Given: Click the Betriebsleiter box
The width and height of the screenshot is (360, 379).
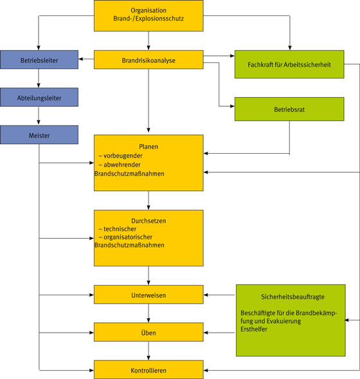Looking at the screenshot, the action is [x=39, y=60].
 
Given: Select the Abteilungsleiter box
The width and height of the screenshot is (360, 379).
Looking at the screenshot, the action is [x=39, y=97].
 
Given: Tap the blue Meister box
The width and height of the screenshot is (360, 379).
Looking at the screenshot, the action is [x=39, y=134].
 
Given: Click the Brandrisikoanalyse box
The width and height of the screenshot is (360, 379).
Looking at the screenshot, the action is [x=148, y=60].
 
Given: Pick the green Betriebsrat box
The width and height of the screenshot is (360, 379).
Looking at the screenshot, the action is [x=289, y=109].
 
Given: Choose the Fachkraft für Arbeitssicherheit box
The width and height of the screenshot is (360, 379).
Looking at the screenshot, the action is [x=289, y=64].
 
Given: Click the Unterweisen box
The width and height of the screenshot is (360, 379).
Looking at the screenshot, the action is [x=148, y=295].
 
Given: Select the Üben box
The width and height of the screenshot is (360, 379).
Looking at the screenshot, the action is [x=148, y=332].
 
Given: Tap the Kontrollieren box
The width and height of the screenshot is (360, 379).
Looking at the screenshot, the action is [x=148, y=370].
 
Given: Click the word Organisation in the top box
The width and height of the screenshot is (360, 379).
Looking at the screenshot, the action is [x=148, y=10].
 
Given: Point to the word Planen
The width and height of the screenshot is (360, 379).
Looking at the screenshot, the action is [x=148, y=147].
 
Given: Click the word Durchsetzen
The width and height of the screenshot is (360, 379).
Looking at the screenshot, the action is [x=148, y=221].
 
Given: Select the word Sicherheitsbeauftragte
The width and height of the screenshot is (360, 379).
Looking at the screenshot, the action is [x=292, y=297].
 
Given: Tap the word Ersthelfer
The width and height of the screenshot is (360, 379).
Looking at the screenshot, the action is [x=254, y=329].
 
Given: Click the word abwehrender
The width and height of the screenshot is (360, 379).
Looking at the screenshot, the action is [x=122, y=165].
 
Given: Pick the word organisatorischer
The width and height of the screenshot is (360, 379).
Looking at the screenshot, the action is [x=128, y=237].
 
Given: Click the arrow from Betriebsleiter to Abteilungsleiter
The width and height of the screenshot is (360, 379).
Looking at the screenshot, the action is [x=39, y=79].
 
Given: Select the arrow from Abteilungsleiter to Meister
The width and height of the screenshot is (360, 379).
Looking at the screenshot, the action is [x=39, y=116].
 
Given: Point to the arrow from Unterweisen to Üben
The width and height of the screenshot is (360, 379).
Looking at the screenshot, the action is [x=148, y=313].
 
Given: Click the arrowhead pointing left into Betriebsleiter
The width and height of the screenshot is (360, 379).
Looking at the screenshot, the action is [x=80, y=59].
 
